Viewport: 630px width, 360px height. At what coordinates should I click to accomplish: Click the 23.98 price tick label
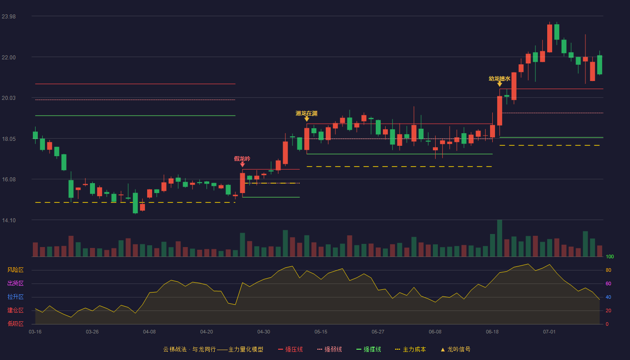point(9,17)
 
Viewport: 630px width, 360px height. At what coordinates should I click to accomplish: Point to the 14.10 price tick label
point(9,220)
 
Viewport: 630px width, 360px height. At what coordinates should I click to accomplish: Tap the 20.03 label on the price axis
point(9,98)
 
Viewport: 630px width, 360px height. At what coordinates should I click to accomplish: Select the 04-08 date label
point(149,332)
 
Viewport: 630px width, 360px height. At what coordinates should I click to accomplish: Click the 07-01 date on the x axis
point(549,332)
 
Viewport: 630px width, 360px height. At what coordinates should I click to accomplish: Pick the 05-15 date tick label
point(320,332)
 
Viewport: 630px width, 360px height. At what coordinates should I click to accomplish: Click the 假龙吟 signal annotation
point(242,158)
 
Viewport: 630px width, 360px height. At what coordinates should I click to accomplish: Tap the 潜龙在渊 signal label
point(306,113)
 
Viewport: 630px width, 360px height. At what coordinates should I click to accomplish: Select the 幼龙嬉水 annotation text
point(499,78)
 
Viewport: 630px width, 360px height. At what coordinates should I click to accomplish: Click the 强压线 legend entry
point(290,349)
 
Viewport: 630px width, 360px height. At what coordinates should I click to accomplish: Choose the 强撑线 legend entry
point(369,349)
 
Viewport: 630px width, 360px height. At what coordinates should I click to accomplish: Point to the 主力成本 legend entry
point(410,349)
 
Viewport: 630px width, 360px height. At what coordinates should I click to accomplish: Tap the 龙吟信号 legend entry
point(455,349)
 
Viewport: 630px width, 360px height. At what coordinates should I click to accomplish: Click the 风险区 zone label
point(15,270)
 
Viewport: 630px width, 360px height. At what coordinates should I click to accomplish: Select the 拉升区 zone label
point(15,297)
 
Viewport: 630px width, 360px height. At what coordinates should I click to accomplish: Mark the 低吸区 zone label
point(15,324)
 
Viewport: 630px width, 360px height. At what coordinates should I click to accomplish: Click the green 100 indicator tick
point(610,256)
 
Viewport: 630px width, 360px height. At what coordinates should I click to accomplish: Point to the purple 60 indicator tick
point(608,283)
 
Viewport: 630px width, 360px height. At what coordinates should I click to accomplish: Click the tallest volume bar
point(499,238)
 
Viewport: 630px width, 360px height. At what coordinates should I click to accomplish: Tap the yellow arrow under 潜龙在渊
point(306,119)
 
